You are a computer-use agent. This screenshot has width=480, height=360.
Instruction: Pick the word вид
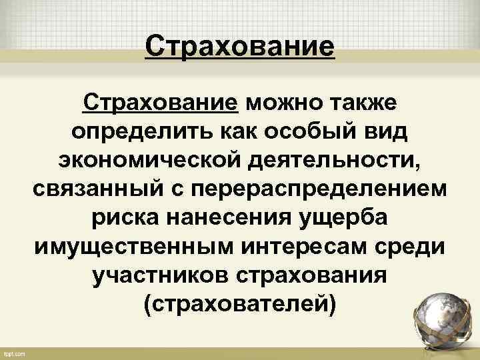click(384, 133)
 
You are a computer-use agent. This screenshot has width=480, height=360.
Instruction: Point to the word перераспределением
click(319, 191)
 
